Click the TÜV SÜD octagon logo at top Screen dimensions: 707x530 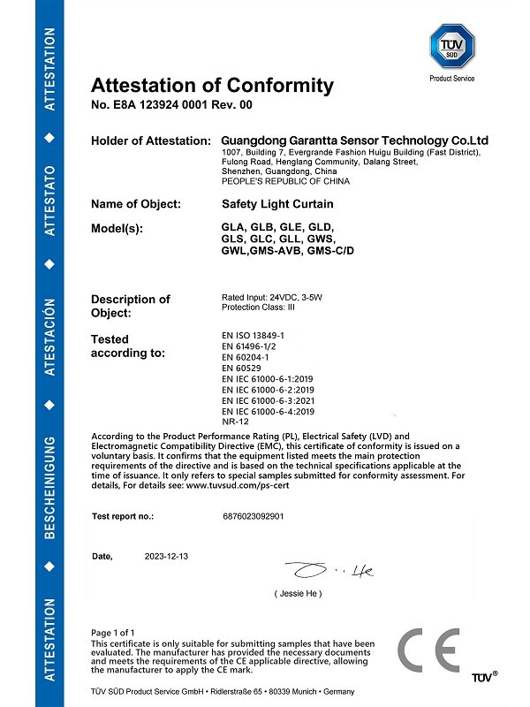(x=451, y=45)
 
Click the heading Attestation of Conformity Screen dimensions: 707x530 (x=212, y=86)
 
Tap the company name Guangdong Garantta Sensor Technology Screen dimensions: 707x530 (x=353, y=141)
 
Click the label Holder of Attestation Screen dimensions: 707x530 (x=150, y=141)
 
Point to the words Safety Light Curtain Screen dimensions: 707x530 (x=270, y=204)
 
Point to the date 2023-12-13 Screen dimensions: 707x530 (x=167, y=557)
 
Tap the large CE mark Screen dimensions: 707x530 (x=428, y=653)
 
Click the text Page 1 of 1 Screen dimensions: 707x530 (x=113, y=633)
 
